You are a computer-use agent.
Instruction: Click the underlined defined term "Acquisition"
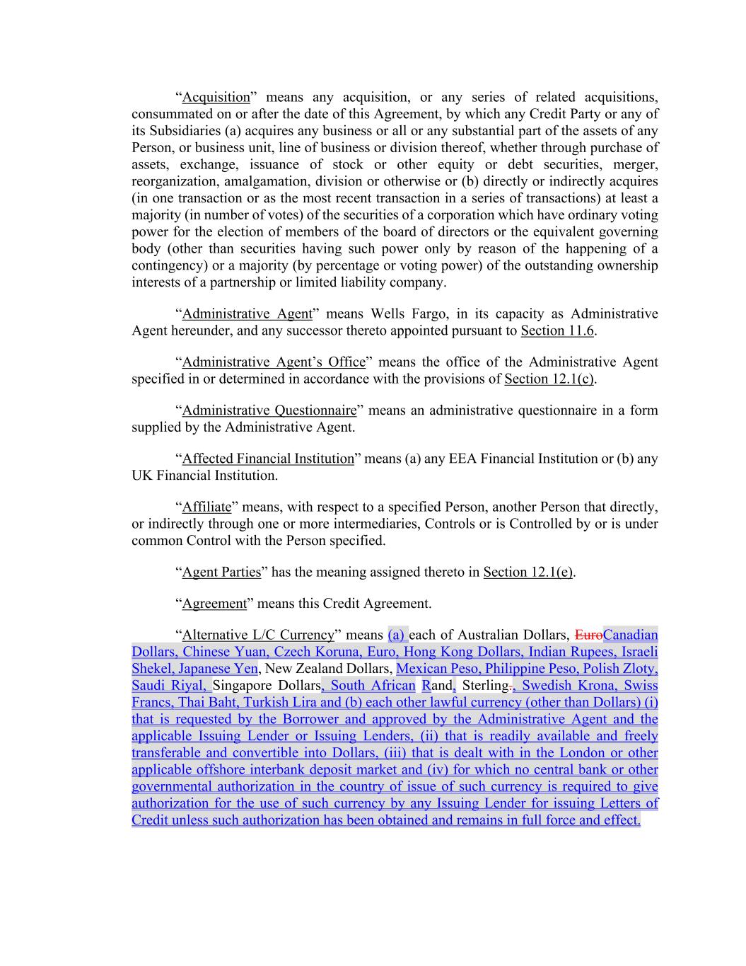(216, 97)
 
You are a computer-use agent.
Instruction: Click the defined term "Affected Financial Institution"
(268, 459)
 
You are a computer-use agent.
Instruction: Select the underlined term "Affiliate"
(206, 507)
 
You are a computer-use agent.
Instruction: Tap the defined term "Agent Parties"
(221, 572)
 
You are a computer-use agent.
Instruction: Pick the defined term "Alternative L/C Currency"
(258, 635)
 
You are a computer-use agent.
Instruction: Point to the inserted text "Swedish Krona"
(569, 685)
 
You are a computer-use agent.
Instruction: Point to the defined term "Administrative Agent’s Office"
(274, 362)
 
